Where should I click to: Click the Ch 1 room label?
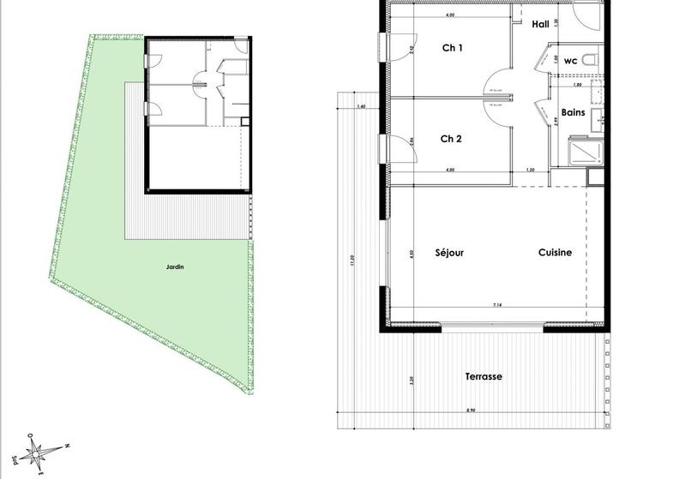452,49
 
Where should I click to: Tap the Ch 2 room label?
452,139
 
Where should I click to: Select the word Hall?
540,24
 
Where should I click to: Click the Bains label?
573,112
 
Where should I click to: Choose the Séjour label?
449,253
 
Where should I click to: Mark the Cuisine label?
555,253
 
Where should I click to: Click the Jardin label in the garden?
175,267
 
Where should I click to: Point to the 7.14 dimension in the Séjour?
496,306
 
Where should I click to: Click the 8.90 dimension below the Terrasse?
471,411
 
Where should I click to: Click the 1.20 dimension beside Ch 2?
531,171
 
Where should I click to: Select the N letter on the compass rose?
67,445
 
